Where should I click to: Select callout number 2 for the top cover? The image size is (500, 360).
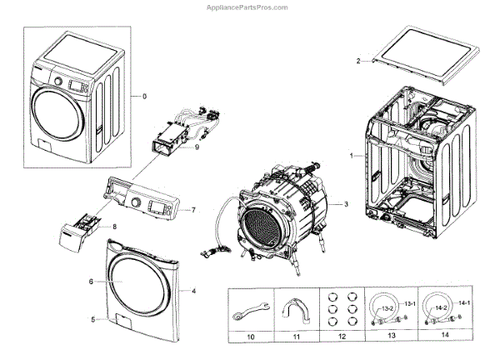click(357, 62)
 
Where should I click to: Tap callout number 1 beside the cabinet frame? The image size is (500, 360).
click(351, 156)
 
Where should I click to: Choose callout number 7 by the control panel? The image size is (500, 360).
click(192, 209)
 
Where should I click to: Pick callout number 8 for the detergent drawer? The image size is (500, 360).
click(114, 227)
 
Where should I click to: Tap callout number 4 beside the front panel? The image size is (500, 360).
click(193, 291)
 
